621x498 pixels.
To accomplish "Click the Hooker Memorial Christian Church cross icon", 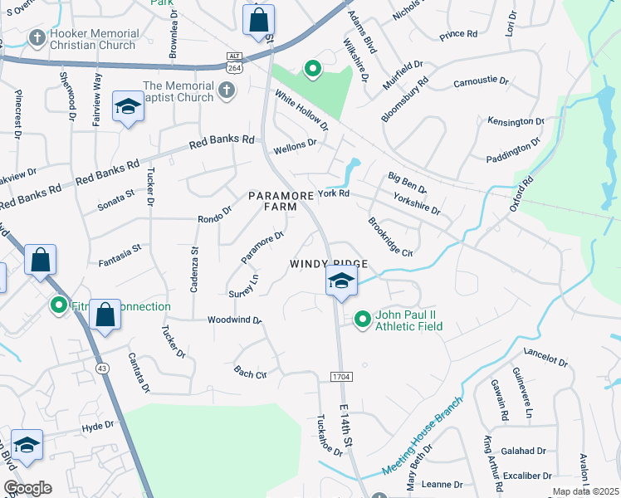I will [x=36, y=37].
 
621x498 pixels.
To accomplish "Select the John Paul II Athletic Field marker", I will [x=362, y=319].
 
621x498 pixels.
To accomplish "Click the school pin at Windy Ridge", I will [x=340, y=283].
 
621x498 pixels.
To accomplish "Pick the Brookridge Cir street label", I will [x=390, y=237].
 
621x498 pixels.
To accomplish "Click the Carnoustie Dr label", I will [x=481, y=81].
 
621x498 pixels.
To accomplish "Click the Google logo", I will [x=27, y=488].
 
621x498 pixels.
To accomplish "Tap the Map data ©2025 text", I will [x=585, y=491].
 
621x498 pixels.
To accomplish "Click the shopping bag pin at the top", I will [x=258, y=19].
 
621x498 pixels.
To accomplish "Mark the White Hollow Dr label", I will [x=301, y=112].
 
